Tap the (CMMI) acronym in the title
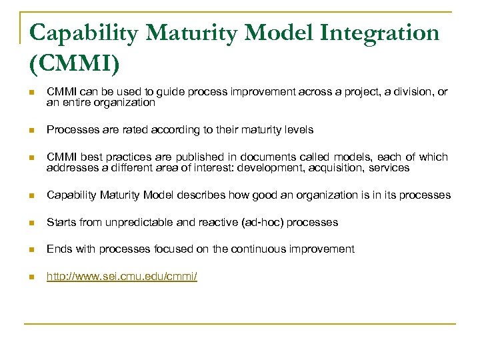[x=75, y=65]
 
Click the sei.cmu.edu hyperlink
[x=121, y=275]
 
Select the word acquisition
[x=333, y=167]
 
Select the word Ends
[x=57, y=249]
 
